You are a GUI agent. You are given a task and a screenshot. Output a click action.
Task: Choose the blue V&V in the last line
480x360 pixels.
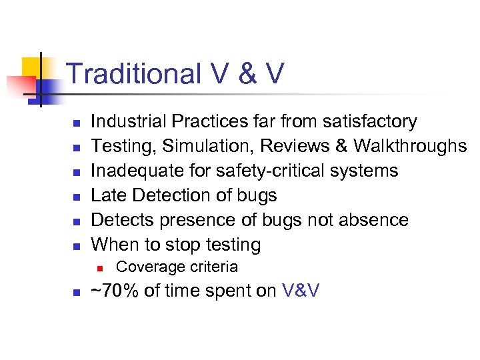300,291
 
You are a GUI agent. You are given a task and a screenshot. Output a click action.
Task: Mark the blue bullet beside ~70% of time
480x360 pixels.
77,293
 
